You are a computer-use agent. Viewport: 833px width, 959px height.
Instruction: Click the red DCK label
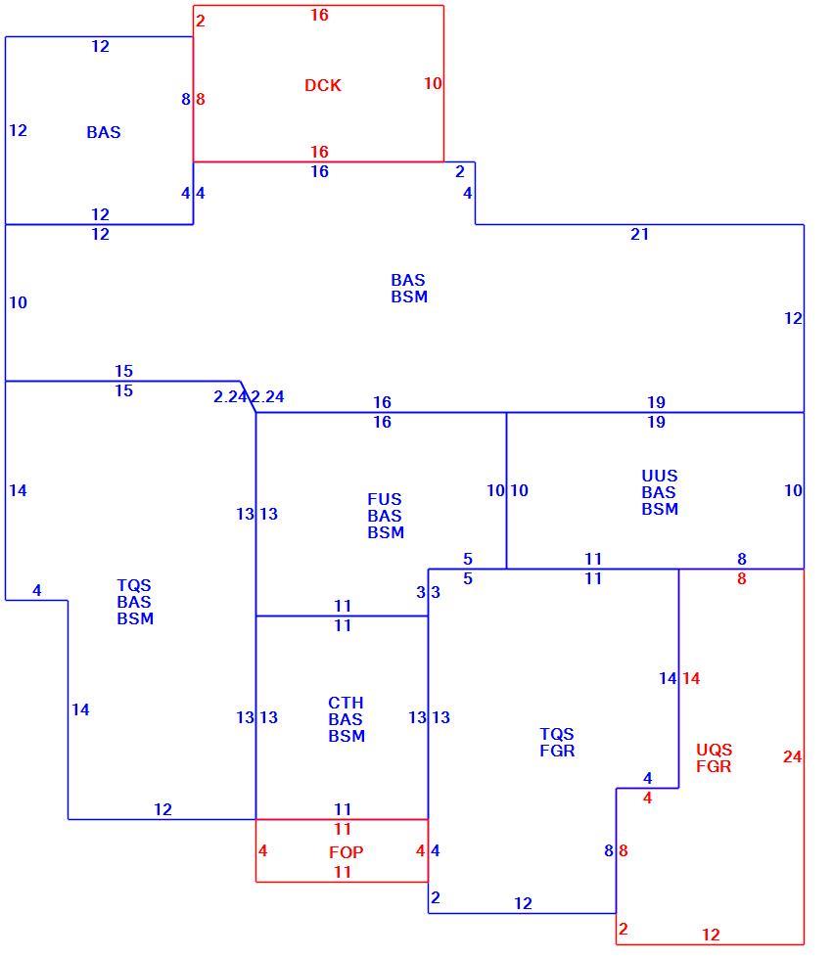click(323, 85)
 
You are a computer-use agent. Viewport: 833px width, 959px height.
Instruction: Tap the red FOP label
click(347, 852)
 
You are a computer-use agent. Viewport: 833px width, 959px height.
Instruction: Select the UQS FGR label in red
click(714, 757)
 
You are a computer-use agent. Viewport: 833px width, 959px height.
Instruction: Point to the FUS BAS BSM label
click(386, 516)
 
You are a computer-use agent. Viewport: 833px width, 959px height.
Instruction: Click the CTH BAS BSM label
click(347, 719)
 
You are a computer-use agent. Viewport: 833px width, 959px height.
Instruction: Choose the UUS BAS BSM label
click(660, 492)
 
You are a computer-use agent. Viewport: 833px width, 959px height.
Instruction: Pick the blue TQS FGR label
click(557, 742)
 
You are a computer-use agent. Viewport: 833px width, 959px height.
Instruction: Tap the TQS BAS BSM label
click(135, 602)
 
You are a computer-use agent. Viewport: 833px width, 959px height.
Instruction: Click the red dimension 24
click(792, 756)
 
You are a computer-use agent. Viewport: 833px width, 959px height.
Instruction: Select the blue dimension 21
click(640, 234)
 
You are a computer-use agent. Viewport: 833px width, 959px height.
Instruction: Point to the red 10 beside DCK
click(433, 83)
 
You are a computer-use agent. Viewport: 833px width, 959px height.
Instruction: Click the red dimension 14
click(691, 678)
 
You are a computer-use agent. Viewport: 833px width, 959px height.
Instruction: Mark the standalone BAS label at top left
click(104, 132)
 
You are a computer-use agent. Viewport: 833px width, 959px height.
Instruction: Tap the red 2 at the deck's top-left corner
click(200, 21)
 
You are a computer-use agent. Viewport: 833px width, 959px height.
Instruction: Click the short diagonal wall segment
click(249, 397)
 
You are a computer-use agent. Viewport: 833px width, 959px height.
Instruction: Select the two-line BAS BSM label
click(409, 288)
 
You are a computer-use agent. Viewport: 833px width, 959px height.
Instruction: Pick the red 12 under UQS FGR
click(711, 935)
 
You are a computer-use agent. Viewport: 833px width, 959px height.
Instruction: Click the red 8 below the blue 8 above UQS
click(741, 578)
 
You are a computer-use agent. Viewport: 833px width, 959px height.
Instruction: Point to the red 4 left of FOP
click(262, 850)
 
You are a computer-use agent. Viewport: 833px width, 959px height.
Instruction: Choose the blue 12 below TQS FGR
click(523, 903)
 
